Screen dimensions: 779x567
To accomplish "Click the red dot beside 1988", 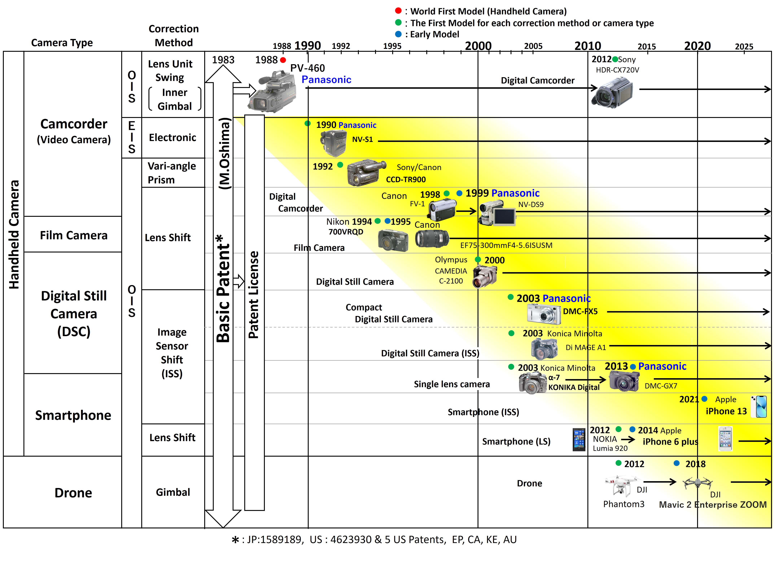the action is [283, 60].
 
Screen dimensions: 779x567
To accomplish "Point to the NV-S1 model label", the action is [362, 139].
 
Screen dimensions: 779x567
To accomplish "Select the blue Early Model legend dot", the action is [399, 34].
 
